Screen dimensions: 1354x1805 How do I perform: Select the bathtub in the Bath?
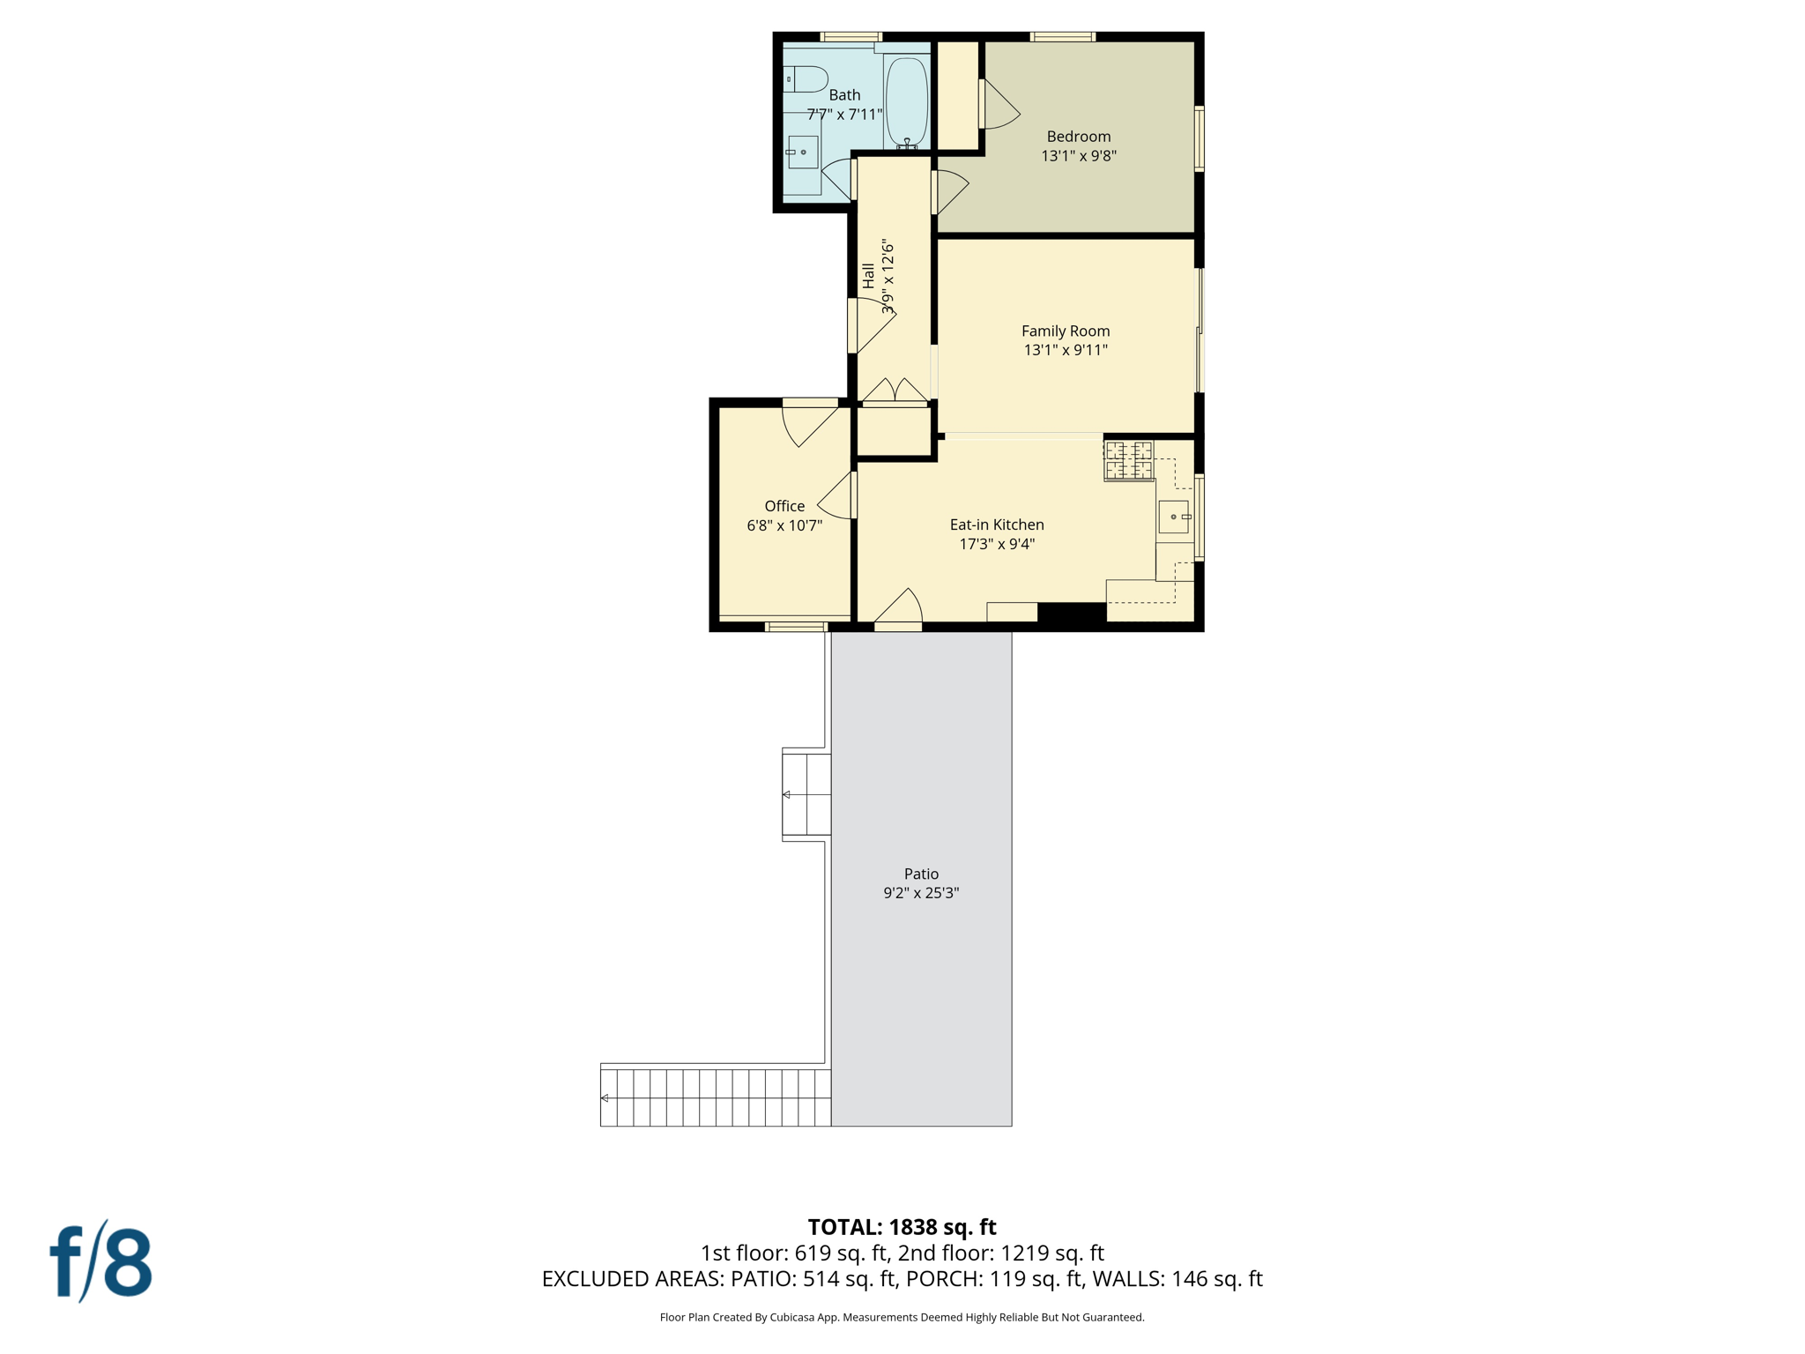pyautogui.click(x=906, y=101)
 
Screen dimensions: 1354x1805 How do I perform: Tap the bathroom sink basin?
pyautogui.click(x=803, y=153)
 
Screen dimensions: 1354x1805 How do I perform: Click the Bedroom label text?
pyautogui.click(x=1078, y=137)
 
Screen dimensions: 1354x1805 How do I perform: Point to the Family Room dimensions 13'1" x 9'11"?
pyautogui.click(x=1065, y=350)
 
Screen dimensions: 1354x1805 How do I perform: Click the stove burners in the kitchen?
pyautogui.click(x=1128, y=461)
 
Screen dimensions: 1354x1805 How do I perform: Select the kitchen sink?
pyautogui.click(x=1173, y=517)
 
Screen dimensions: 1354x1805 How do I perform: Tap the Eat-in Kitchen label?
pyautogui.click(x=996, y=524)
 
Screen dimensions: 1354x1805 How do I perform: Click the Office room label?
pyautogui.click(x=784, y=506)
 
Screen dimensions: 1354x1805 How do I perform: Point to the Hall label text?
pyautogui.click(x=869, y=276)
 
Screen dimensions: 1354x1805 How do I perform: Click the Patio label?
pyautogui.click(x=921, y=874)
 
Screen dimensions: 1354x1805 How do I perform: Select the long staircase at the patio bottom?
pyautogui.click(x=715, y=1097)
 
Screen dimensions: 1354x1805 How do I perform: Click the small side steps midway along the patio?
pyautogui.click(x=806, y=794)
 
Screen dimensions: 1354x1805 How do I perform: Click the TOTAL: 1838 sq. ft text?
pyautogui.click(x=902, y=1227)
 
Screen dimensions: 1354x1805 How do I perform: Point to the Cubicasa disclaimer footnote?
pyautogui.click(x=902, y=1317)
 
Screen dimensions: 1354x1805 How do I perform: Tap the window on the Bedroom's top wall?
pyautogui.click(x=1062, y=37)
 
